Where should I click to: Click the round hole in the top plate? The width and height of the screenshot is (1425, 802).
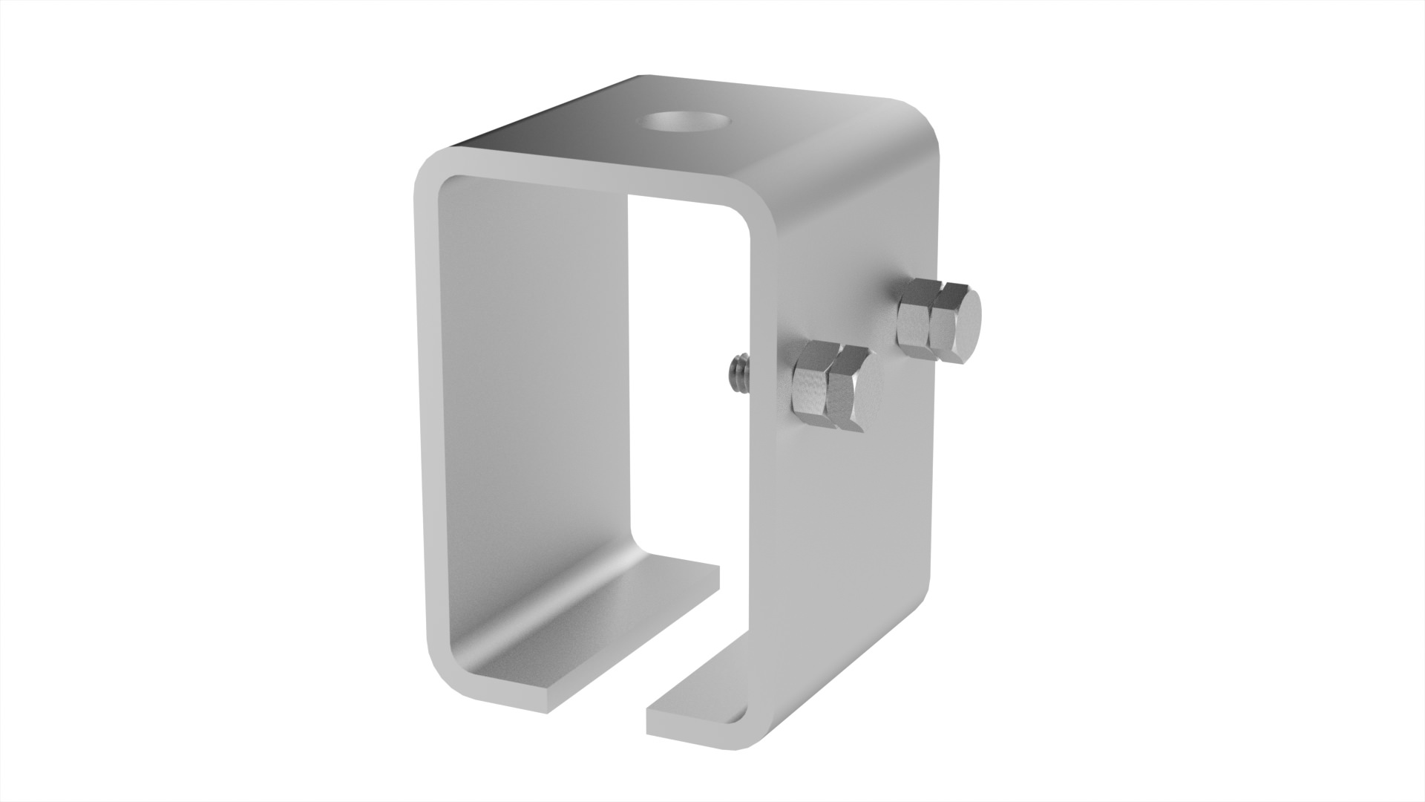(685, 120)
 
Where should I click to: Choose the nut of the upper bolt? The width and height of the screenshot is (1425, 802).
(914, 316)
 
